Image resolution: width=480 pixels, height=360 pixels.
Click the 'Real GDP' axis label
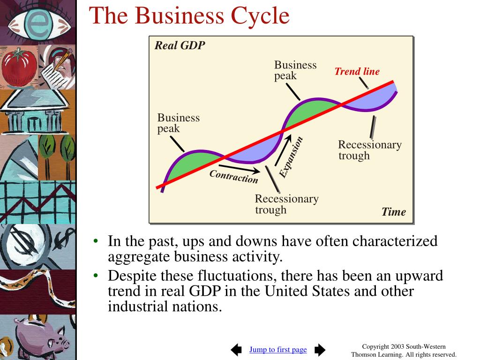coord(180,46)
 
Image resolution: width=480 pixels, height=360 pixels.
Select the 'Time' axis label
coord(393,212)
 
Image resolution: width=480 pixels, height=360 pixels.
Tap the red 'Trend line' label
coord(357,72)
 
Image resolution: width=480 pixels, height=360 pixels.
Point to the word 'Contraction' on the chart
coord(233,177)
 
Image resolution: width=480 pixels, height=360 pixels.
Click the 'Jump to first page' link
coord(278,349)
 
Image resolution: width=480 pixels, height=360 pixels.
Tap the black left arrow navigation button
coord(237,349)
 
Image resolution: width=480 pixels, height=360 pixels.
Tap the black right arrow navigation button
coord(320,349)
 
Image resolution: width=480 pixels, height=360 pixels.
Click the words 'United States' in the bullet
coord(305,291)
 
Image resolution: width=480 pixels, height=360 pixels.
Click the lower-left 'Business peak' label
coord(178,123)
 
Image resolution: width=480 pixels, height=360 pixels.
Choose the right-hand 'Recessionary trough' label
coord(369,150)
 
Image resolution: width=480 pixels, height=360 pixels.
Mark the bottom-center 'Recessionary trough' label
coord(286,204)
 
